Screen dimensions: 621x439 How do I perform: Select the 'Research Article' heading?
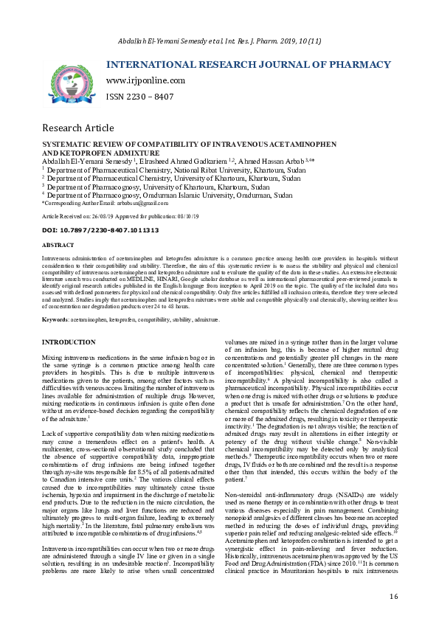(77, 128)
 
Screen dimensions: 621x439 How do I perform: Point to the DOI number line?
(100, 230)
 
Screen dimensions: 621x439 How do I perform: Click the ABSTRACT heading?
(58, 244)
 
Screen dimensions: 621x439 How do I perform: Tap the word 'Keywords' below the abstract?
(56, 319)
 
